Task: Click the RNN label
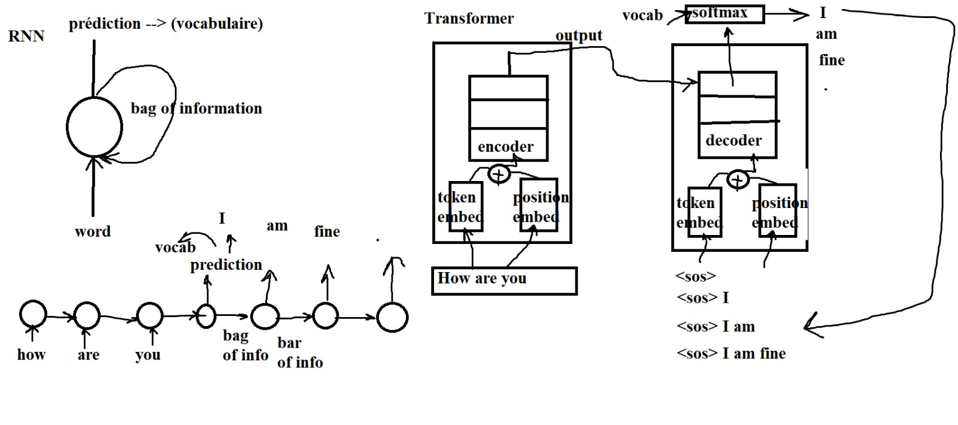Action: tap(26, 37)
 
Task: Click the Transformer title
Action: tap(469, 19)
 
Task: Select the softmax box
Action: tap(724, 14)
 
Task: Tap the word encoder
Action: tap(505, 147)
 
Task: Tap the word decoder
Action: tap(733, 141)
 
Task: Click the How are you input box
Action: tap(504, 281)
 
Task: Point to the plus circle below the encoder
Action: tap(499, 174)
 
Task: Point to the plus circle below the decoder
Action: tap(738, 179)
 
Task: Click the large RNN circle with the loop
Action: tap(94, 127)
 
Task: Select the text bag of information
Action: tap(196, 108)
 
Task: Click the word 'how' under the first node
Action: tap(31, 355)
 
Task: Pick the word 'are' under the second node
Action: tap(88, 355)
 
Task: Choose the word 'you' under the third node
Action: tap(148, 355)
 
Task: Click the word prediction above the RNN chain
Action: tap(226, 265)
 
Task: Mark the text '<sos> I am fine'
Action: tap(731, 354)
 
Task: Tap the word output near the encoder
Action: tap(578, 35)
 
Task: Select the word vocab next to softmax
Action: tap(642, 16)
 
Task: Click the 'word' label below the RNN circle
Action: tap(93, 231)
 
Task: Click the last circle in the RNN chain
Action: tap(392, 317)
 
